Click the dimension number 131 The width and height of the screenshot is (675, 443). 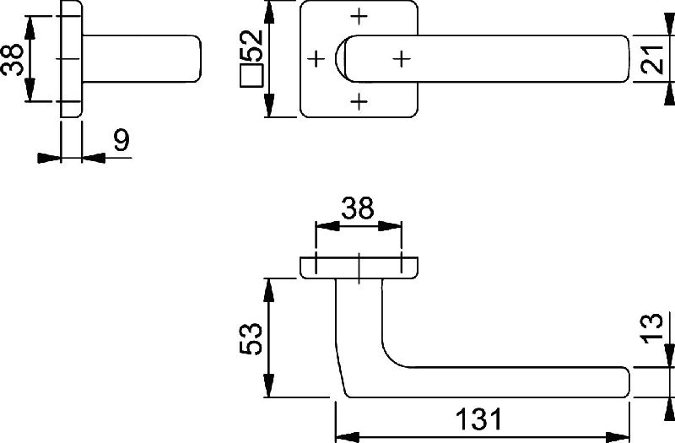coord(478,419)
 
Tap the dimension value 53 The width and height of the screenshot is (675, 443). coord(251,338)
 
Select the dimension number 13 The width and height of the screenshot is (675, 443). coord(652,328)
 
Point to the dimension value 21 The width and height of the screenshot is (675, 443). coord(652,59)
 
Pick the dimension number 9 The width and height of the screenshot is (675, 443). coord(121,140)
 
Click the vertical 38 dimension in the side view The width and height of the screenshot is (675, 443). coord(12,59)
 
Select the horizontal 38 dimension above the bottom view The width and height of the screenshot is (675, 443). coord(357,208)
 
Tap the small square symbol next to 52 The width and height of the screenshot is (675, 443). coord(251,76)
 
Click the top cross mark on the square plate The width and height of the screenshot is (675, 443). coord(359,16)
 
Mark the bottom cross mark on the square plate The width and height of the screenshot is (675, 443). coord(359,101)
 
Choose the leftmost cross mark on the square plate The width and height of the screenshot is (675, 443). coord(316,58)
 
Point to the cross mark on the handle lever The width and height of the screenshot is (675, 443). coord(402,58)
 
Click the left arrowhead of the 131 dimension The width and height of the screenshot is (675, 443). coord(347,436)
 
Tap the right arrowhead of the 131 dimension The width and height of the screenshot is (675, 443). coord(618,436)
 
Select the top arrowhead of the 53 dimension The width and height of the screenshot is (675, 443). coord(268,290)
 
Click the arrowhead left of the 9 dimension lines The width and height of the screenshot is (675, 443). coord(50,158)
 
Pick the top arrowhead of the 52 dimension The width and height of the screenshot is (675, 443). coord(269,13)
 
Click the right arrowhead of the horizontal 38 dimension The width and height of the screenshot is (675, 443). coord(390,225)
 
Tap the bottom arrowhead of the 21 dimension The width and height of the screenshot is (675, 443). coord(669,94)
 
